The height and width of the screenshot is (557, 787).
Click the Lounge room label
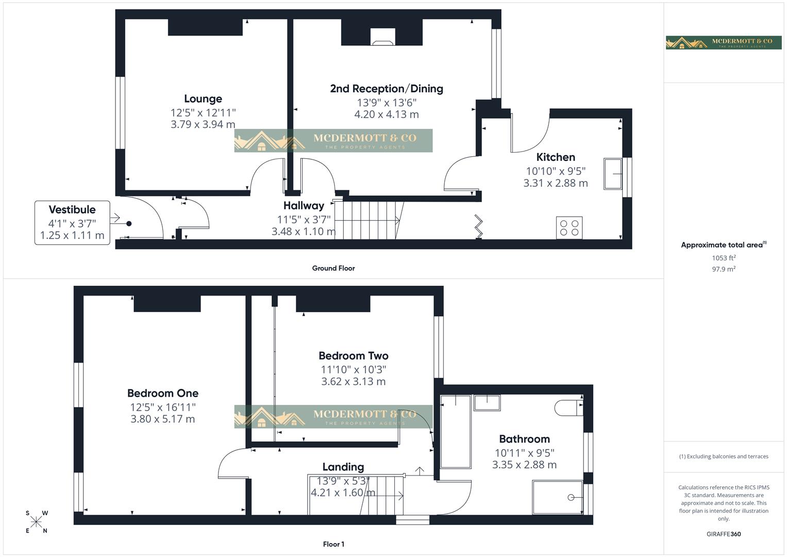point(203,99)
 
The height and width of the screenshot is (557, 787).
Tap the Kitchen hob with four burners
point(570,227)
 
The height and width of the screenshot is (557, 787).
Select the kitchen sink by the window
point(613,174)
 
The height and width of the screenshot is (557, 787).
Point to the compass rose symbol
point(37,522)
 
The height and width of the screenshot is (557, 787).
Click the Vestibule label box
point(72,223)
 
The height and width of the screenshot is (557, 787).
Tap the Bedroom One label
point(163,393)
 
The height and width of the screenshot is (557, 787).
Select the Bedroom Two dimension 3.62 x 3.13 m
point(353,382)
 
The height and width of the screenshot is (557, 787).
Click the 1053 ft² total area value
point(724,258)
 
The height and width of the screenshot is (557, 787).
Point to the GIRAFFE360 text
point(724,534)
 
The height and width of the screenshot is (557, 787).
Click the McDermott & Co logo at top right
point(724,42)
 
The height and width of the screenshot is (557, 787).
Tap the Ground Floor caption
point(333,268)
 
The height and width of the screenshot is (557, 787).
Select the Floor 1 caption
point(333,544)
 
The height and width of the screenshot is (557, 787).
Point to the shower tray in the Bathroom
point(558,497)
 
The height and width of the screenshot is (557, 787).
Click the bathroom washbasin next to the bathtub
point(487,403)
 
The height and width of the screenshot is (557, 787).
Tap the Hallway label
point(304,206)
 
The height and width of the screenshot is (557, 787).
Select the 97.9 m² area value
point(724,269)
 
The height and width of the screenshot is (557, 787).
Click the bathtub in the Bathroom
point(456,432)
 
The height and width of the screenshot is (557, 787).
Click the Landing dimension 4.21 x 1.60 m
point(343,493)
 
